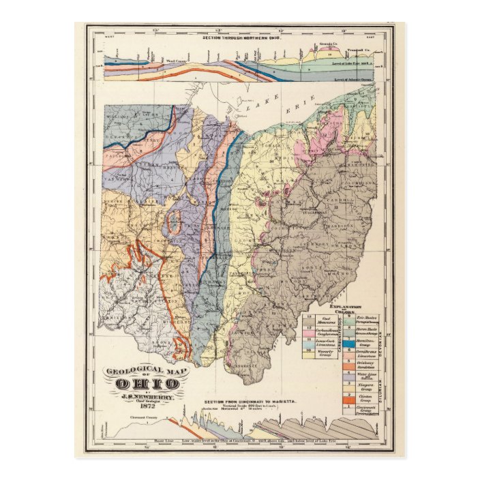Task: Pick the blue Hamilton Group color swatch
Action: pyautogui.click(x=348, y=344)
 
